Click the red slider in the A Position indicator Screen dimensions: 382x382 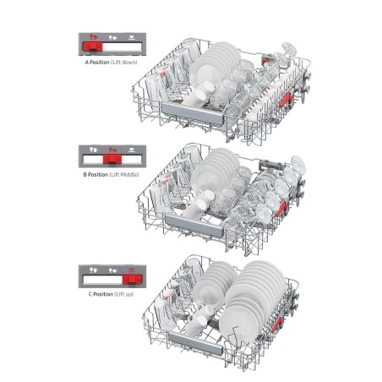pyautogui.click(x=93, y=46)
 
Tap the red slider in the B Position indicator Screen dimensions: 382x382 pyautogui.click(x=112, y=159)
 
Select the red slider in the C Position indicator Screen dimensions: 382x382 pyautogui.click(x=132, y=280)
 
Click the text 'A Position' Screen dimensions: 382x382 pyautogui.click(x=97, y=63)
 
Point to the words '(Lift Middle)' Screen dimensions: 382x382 pyautogui.click(x=124, y=175)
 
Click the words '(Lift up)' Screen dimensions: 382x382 pyautogui.click(x=123, y=294)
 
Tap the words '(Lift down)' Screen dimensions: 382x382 pyautogui.click(x=124, y=63)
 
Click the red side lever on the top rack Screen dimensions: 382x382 pyautogui.click(x=286, y=101)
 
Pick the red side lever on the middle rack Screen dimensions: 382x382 pyautogui.click(x=281, y=209)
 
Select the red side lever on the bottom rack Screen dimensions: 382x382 pyautogui.click(x=276, y=326)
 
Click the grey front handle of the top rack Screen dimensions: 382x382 pyautogui.click(x=193, y=113)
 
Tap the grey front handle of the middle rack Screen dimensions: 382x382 pyautogui.click(x=194, y=226)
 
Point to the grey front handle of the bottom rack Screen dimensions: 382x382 pyautogui.click(x=196, y=343)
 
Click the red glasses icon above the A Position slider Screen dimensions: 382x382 pyautogui.click(x=93, y=37)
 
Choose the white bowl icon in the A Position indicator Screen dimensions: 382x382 pyautogui.click(x=132, y=37)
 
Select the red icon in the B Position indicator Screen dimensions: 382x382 pyautogui.click(x=112, y=150)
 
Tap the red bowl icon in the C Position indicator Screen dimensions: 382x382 pyautogui.click(x=131, y=270)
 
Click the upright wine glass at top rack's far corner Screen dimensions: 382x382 pyautogui.click(x=289, y=51)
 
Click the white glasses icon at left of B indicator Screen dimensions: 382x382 pyautogui.click(x=93, y=150)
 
